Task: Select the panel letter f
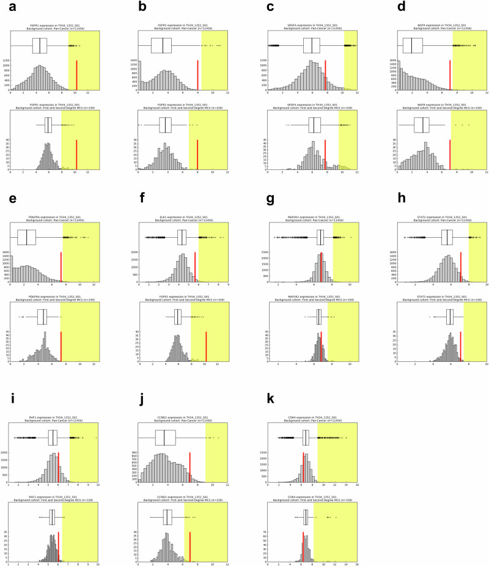[x=141, y=198]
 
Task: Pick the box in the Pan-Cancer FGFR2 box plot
[x=161, y=46]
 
